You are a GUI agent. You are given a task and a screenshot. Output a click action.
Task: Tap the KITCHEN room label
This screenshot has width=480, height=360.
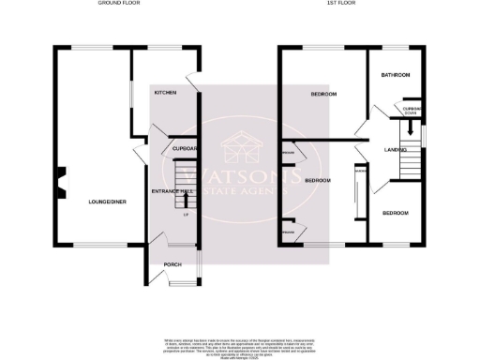click(166, 92)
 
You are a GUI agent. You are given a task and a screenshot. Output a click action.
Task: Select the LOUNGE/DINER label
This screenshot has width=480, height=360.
click(100, 201)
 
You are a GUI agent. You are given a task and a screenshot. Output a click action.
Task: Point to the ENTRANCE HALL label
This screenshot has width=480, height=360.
click(166, 191)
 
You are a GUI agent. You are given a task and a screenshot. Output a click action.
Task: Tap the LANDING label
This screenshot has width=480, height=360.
click(394, 150)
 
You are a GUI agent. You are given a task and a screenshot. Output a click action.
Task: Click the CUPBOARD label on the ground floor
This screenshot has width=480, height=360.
click(184, 148)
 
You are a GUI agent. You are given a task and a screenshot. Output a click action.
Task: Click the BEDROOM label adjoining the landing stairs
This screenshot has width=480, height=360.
click(395, 213)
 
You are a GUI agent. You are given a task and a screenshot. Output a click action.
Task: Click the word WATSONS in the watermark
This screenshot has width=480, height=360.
click(239, 175)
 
